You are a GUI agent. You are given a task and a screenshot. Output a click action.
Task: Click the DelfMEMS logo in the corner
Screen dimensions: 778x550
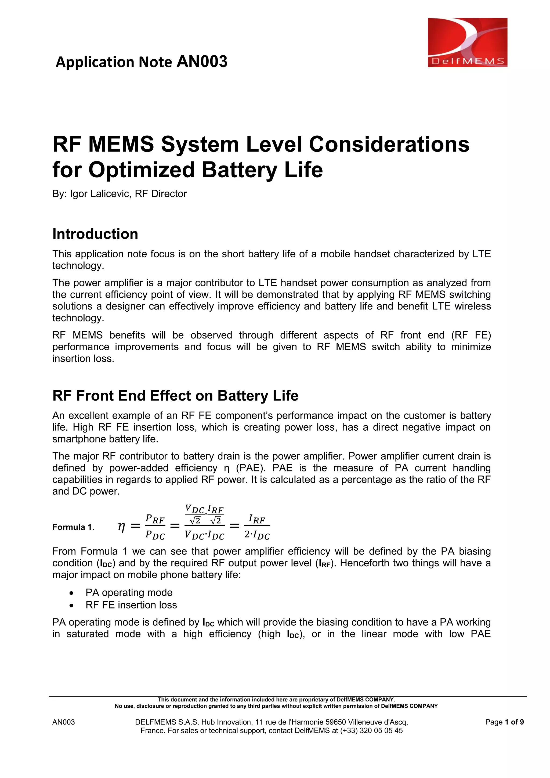467,42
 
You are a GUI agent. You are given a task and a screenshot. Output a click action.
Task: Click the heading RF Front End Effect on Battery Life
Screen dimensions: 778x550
175,396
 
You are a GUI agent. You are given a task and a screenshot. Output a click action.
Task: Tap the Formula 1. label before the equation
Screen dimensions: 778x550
73,527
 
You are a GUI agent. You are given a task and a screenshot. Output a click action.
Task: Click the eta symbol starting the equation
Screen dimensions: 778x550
121,526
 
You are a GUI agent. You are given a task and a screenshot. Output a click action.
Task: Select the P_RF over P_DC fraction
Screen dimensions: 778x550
155,527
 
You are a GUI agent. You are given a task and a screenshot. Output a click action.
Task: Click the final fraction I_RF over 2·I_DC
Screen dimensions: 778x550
257,527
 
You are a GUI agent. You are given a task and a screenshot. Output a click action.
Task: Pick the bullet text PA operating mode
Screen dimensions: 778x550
129,592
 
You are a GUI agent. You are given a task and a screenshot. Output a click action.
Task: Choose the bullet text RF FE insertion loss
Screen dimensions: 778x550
131,605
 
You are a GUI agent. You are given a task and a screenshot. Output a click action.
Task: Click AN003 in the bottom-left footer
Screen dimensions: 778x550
63,722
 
